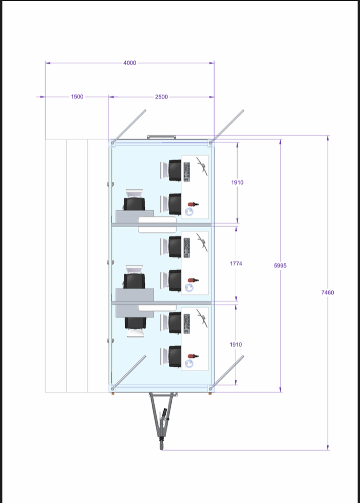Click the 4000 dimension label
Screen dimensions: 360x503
click(x=130, y=63)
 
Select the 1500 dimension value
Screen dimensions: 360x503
click(x=77, y=96)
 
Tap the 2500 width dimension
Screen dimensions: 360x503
click(x=161, y=97)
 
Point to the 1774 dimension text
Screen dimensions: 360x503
click(x=236, y=263)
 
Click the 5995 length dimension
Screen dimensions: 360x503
click(x=280, y=265)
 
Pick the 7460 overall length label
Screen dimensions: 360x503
click(x=327, y=292)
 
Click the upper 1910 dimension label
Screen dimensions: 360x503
click(x=237, y=182)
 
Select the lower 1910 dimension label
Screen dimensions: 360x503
click(x=236, y=344)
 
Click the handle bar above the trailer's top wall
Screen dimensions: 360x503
click(x=161, y=137)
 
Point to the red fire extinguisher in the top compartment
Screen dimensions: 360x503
click(x=193, y=204)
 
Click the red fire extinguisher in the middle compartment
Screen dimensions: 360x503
click(x=193, y=280)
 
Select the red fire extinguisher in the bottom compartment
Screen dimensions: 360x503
click(x=193, y=356)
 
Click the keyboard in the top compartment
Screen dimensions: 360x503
click(x=187, y=171)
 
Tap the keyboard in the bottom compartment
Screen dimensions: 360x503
click(x=187, y=323)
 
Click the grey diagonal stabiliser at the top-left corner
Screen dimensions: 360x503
click(x=129, y=126)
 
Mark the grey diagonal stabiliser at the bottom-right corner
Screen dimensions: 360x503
click(x=227, y=372)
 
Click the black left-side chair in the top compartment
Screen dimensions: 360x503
click(x=134, y=204)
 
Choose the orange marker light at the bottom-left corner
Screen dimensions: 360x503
click(x=113, y=393)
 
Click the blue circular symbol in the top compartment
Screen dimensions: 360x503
click(x=189, y=211)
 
